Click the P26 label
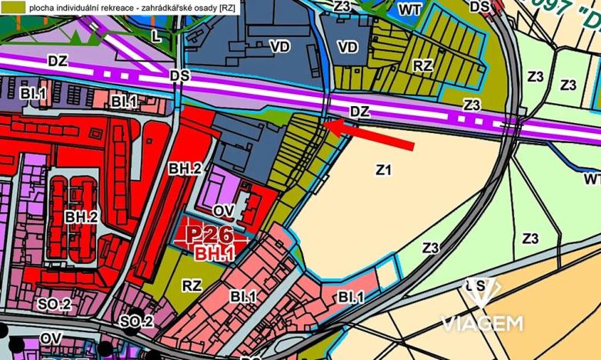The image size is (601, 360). (210, 235)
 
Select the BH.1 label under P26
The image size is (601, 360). (211, 252)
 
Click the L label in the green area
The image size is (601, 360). (156, 35)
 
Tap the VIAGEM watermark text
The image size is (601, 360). (481, 322)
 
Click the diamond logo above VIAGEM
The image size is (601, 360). (480, 292)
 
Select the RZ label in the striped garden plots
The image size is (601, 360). (422, 66)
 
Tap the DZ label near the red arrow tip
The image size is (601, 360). (359, 112)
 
